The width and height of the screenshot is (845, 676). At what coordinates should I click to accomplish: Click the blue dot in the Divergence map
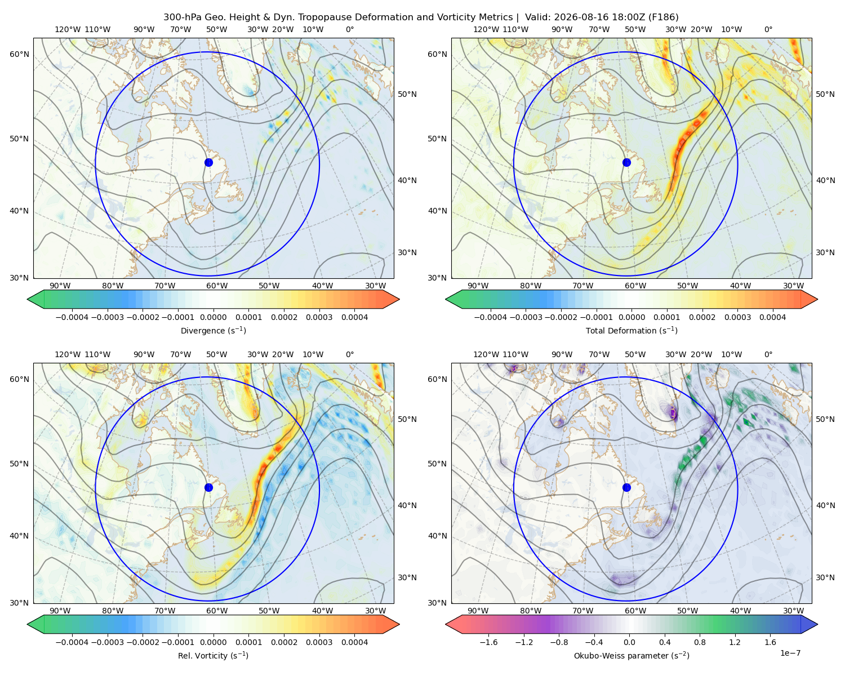click(x=208, y=162)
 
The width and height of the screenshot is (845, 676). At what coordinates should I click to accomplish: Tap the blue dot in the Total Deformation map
click(x=626, y=162)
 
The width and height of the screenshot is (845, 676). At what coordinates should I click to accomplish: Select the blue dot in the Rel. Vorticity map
click(x=208, y=487)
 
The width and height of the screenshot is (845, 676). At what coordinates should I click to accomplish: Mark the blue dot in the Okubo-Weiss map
click(x=626, y=487)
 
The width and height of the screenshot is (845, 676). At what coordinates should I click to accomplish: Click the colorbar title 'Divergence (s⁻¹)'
click(x=213, y=330)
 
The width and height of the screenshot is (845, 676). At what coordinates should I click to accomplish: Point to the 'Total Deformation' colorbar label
click(x=631, y=330)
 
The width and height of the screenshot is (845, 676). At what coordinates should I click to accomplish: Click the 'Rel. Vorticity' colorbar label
click(x=213, y=655)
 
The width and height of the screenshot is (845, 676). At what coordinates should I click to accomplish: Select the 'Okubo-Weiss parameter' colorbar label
click(x=631, y=655)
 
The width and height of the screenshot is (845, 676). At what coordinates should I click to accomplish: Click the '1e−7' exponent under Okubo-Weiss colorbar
click(x=790, y=653)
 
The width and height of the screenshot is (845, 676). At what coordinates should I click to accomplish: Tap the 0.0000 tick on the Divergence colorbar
click(x=213, y=317)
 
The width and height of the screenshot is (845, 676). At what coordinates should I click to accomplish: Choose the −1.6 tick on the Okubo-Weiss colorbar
click(x=488, y=642)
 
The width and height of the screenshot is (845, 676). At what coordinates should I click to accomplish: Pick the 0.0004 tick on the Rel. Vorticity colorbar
click(x=354, y=642)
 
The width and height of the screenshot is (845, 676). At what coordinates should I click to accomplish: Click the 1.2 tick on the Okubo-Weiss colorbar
click(x=735, y=642)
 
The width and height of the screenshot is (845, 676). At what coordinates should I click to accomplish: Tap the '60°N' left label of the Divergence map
click(x=19, y=54)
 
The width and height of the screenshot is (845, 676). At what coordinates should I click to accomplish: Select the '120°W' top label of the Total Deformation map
click(x=486, y=29)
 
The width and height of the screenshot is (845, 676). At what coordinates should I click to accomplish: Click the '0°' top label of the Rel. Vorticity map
click(x=350, y=354)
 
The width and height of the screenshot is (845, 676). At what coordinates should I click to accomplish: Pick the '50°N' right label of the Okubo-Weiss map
click(x=825, y=419)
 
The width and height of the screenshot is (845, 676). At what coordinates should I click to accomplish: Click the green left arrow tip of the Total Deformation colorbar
click(x=446, y=299)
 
